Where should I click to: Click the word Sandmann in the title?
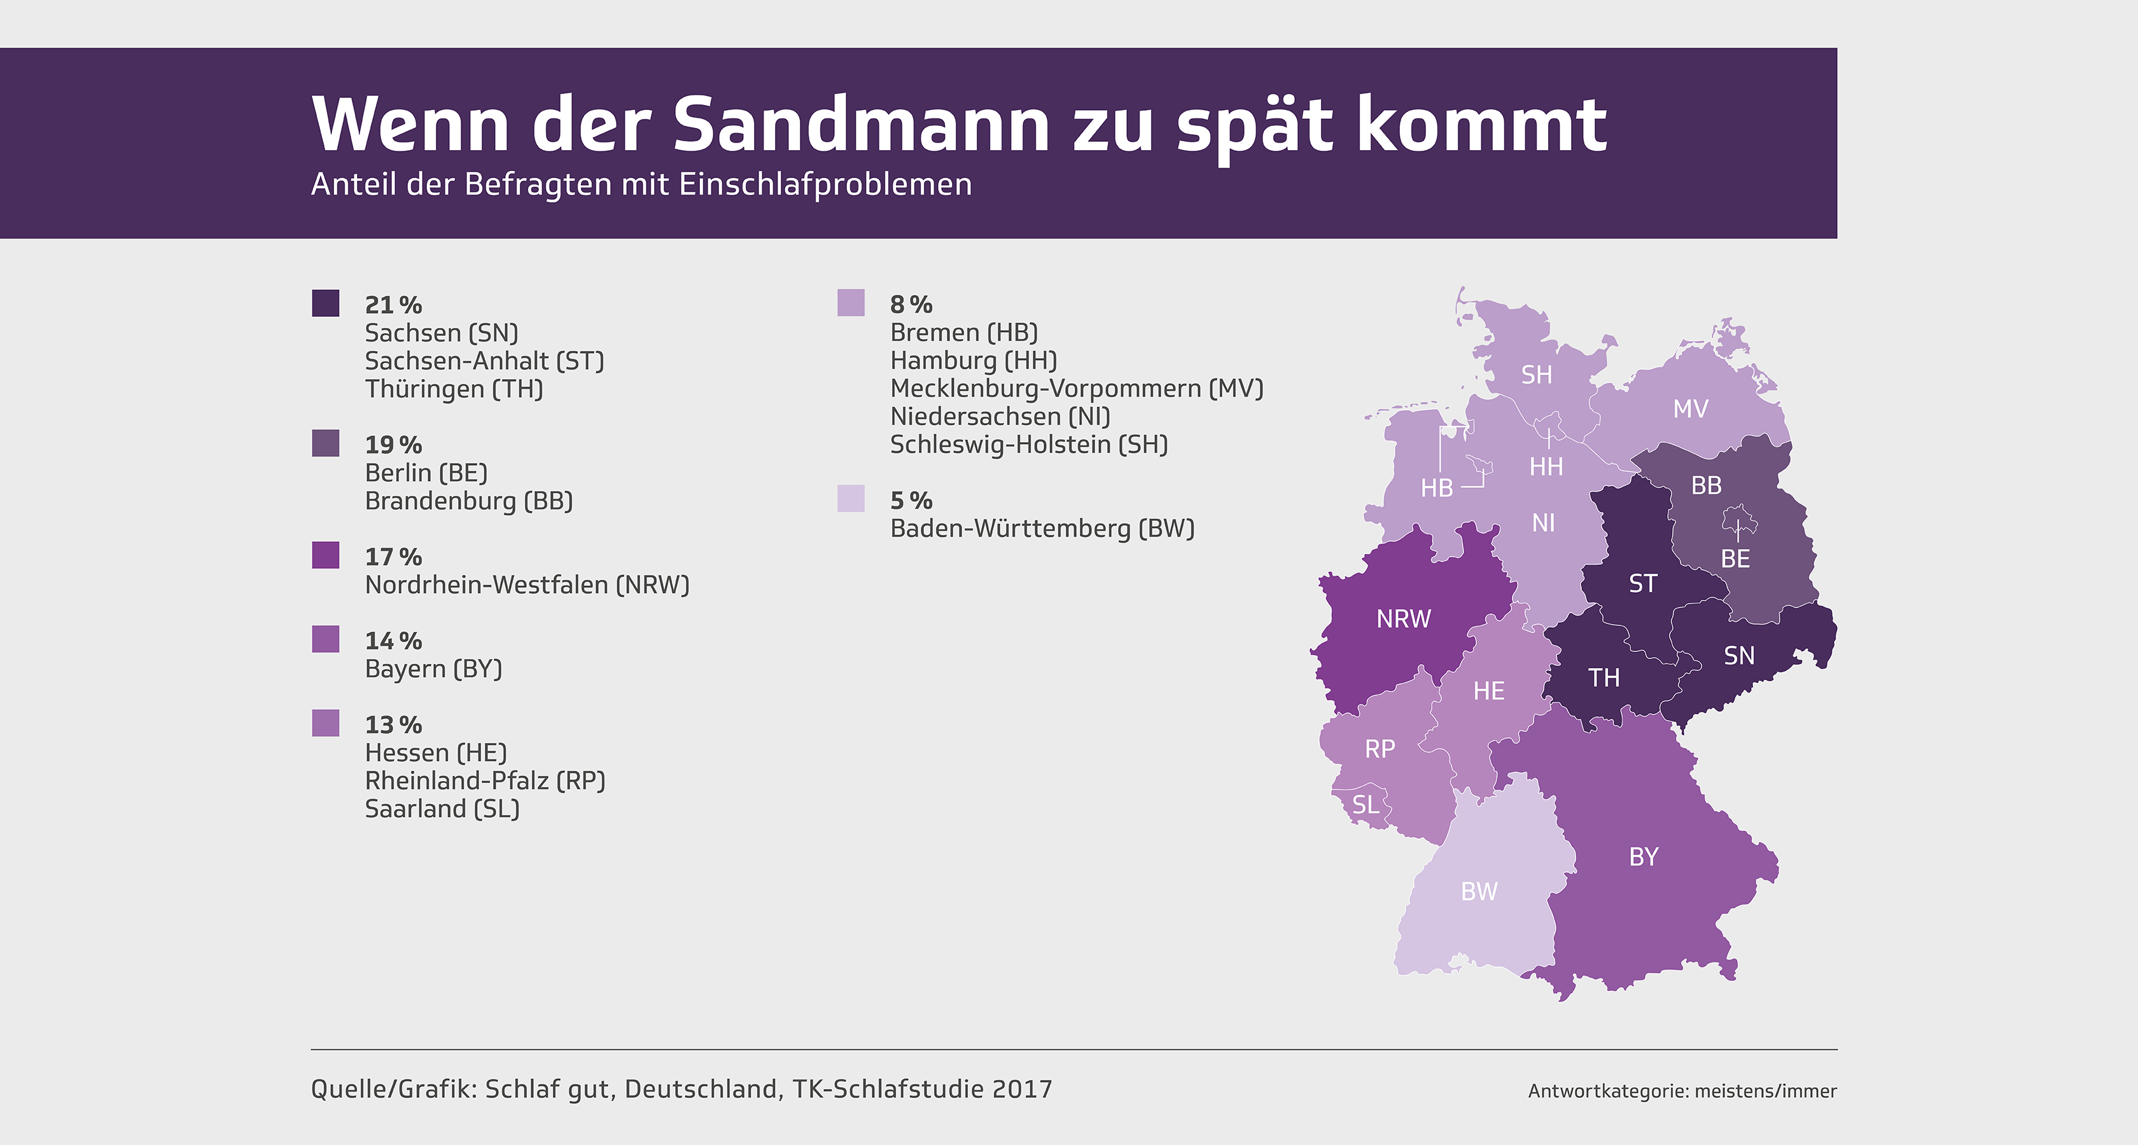pyautogui.click(x=862, y=125)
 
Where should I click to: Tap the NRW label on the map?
pyautogui.click(x=1404, y=619)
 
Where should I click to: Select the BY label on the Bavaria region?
pyautogui.click(x=1644, y=857)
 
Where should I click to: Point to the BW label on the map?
pyautogui.click(x=1479, y=892)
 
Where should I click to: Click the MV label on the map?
pyautogui.click(x=1691, y=409)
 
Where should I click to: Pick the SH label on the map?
pyautogui.click(x=1536, y=375)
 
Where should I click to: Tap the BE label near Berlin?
pyautogui.click(x=1735, y=559)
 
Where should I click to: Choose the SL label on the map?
pyautogui.click(x=1366, y=805)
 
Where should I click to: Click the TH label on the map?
pyautogui.click(x=1604, y=679)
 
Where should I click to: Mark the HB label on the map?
pyautogui.click(x=1437, y=488)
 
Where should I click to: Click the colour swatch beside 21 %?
pyautogui.click(x=325, y=303)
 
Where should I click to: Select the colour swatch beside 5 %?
pyautogui.click(x=851, y=499)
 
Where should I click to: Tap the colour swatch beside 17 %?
pyautogui.click(x=325, y=555)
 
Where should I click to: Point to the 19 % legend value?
pyautogui.click(x=393, y=445)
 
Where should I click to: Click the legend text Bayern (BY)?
pyautogui.click(x=433, y=669)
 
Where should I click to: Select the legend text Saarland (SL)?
pyautogui.click(x=442, y=809)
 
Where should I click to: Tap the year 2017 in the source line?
pyautogui.click(x=1021, y=1090)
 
